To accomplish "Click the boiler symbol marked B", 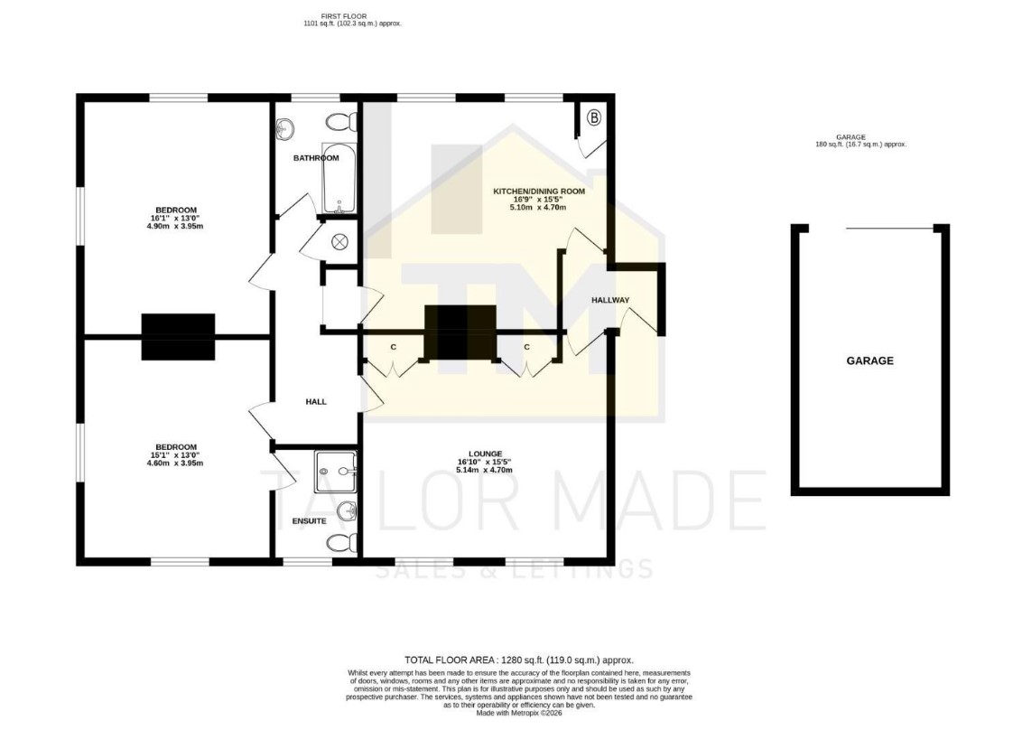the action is [594, 117].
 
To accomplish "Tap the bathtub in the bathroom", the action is [339, 179].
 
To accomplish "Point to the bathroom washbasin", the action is [284, 129].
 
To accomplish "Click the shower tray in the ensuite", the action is [336, 472].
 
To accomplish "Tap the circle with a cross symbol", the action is [339, 242].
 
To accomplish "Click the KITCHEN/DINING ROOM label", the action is [539, 192].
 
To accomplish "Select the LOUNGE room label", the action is [485, 454].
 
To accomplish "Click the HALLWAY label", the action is [610, 300].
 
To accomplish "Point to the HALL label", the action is [316, 401].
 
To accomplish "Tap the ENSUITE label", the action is [310, 521].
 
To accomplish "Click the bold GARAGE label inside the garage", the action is [870, 360].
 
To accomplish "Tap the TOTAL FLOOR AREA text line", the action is [519, 660].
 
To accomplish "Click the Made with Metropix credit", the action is [519, 713].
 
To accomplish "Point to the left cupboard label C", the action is [394, 347].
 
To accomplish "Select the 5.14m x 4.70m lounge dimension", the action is [485, 470].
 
